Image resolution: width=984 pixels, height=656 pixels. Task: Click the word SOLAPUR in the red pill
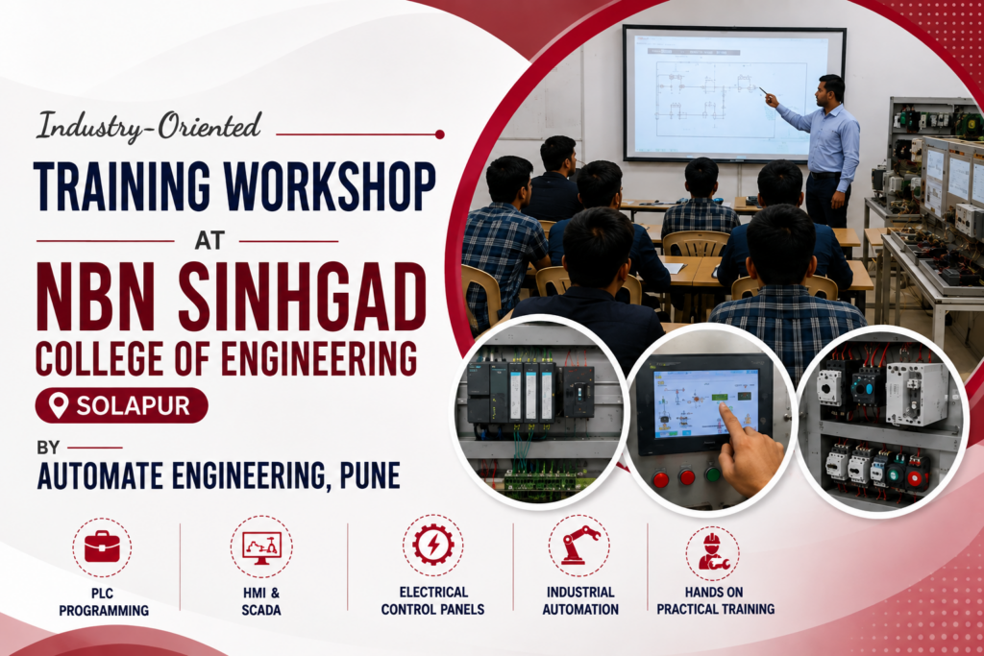(x=133, y=405)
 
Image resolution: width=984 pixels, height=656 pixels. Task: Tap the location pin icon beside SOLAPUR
(x=59, y=405)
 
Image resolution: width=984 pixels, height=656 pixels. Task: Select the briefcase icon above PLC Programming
(x=102, y=547)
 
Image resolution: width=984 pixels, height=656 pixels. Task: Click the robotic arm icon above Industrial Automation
(x=579, y=545)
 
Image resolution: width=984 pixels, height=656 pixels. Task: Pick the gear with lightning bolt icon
(x=433, y=545)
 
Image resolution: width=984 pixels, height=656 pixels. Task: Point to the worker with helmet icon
(x=712, y=552)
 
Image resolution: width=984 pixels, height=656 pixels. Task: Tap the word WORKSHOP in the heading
(x=331, y=186)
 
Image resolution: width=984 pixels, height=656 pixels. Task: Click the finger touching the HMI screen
(x=729, y=419)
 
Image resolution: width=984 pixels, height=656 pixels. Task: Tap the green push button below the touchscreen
(x=712, y=474)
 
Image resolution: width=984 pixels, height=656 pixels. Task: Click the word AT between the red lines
(x=209, y=241)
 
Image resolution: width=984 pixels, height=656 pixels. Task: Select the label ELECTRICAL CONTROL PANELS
(x=433, y=601)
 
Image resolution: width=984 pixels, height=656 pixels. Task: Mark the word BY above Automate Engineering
(x=48, y=448)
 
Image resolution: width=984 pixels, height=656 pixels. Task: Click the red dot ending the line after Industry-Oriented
(x=440, y=134)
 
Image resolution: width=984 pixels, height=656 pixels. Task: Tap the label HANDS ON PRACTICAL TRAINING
(x=715, y=601)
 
